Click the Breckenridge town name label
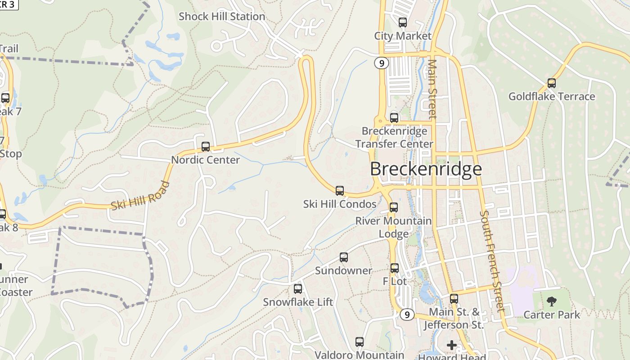[x=426, y=169]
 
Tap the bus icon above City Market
[x=403, y=22]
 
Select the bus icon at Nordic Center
[x=206, y=147]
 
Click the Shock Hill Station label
[x=222, y=17]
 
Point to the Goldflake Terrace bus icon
[x=551, y=83]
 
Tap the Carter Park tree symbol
[x=551, y=301]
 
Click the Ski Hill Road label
[x=141, y=195]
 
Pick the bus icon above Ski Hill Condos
[x=340, y=191]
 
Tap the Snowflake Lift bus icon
[x=297, y=289]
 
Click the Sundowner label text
[x=343, y=270]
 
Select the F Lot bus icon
[x=395, y=268]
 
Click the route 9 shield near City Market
[x=382, y=63]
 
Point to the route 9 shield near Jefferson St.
[x=407, y=315]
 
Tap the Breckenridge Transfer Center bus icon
[x=394, y=118]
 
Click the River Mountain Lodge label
[x=393, y=227]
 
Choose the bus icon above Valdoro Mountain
[x=359, y=342]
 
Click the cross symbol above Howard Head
[x=452, y=345]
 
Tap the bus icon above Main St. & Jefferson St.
[x=454, y=299]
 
